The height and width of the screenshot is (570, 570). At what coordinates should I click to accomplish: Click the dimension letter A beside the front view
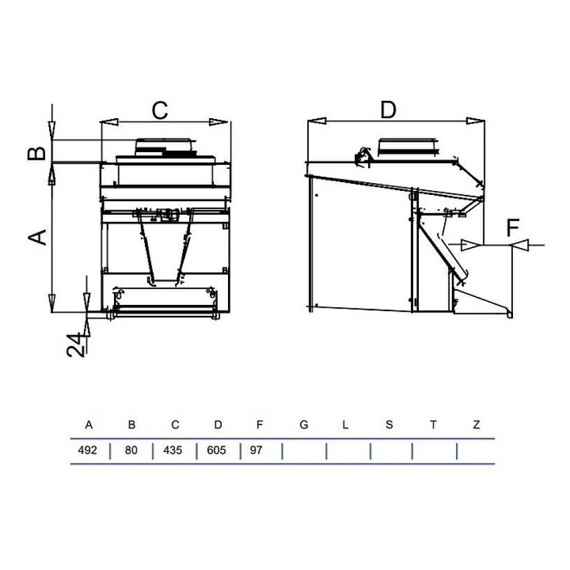tap(38, 237)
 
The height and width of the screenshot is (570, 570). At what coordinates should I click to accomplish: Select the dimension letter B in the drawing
tap(36, 153)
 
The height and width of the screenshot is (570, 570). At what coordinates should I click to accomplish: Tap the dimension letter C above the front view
tap(160, 110)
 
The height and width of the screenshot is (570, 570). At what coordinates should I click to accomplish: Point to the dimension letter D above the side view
tap(388, 109)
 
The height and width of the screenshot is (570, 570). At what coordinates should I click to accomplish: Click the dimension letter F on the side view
tap(512, 227)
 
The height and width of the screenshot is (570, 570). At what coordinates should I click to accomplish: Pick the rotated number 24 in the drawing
tap(76, 345)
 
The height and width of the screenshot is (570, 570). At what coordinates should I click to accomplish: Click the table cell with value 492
tap(87, 450)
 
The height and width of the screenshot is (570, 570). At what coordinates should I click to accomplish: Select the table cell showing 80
tap(131, 450)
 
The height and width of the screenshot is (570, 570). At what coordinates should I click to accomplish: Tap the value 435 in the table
tap(172, 450)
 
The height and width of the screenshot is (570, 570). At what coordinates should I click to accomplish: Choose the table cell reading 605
tap(216, 450)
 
